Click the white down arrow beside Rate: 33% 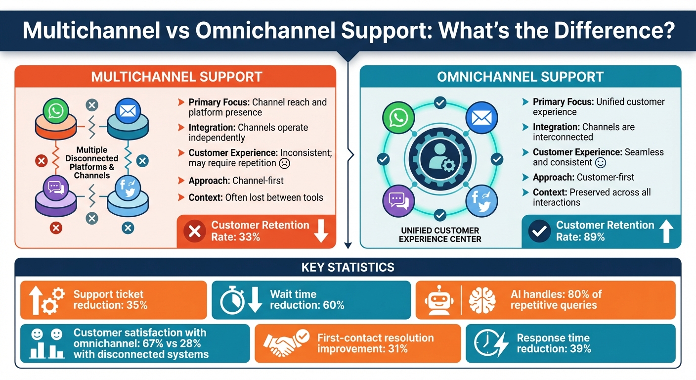point(321,231)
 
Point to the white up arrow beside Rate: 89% point(666,231)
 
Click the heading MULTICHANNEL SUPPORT point(176,77)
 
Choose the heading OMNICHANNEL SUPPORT point(521,77)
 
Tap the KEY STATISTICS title point(348,268)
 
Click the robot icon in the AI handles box point(438,300)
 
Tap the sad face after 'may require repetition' point(284,163)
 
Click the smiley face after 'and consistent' point(601,162)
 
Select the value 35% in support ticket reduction point(136,305)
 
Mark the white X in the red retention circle point(194,232)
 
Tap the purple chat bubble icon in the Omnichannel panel point(397,200)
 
